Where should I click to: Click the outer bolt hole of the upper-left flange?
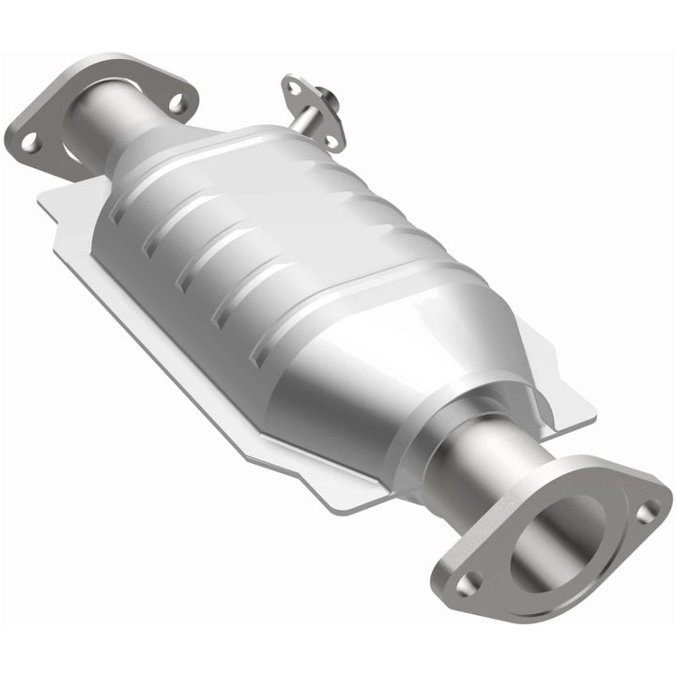coord(29,141)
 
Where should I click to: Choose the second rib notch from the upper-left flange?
coord(149,248)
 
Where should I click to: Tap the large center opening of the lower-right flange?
coord(563,531)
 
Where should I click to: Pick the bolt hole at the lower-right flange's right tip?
coord(647,512)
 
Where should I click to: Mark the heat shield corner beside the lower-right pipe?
coord(587,413)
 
